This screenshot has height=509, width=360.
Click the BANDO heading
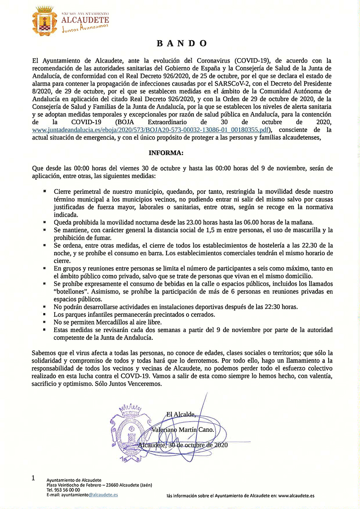click(182, 43)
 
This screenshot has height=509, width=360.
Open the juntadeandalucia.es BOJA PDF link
click(151, 130)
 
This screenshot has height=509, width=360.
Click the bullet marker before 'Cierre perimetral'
click(45, 192)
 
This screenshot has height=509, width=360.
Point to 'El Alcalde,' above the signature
click(181, 414)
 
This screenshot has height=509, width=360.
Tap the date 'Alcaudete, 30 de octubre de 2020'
click(183, 445)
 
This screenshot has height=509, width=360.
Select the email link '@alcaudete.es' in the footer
click(103, 495)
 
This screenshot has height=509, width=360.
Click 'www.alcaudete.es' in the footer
click(296, 495)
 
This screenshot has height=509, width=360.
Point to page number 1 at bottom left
click(33, 478)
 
